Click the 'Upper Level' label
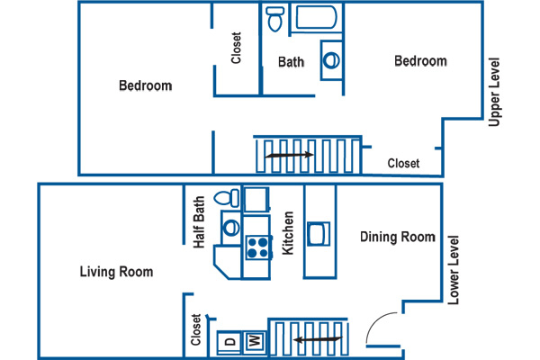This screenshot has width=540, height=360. (x=494, y=92)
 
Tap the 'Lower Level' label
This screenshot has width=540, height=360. (x=454, y=270)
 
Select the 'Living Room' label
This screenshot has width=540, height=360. (x=116, y=272)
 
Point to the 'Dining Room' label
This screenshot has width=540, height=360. (x=398, y=237)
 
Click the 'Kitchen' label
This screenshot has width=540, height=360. (x=288, y=233)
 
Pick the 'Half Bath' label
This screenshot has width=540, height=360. (x=199, y=222)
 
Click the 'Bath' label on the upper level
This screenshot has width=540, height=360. (x=291, y=62)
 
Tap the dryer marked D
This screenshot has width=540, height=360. (x=229, y=342)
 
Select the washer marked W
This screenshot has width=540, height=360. (x=255, y=342)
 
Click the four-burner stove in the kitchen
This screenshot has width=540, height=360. (x=258, y=247)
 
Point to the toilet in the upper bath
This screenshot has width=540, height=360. (x=275, y=19)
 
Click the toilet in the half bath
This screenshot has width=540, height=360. (x=227, y=198)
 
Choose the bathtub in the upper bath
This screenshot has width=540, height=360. (x=316, y=17)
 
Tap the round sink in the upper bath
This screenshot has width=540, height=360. (x=331, y=60)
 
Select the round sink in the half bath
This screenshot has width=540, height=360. (x=231, y=228)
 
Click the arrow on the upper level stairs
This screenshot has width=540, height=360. (x=289, y=155)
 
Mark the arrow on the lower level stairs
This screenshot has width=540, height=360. (x=319, y=340)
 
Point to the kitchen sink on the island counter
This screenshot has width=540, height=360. (x=319, y=234)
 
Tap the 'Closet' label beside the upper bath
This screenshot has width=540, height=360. (x=236, y=48)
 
